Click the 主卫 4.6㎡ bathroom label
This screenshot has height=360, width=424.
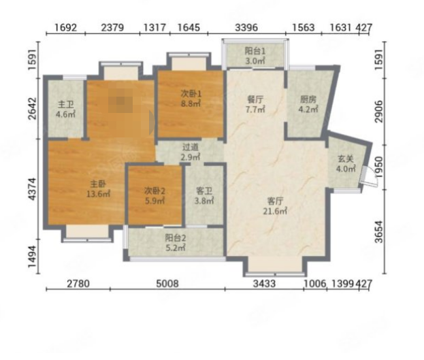tap(66, 110)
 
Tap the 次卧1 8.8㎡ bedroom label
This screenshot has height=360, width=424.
tap(191, 99)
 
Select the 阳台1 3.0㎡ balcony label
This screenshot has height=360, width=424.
tap(255, 56)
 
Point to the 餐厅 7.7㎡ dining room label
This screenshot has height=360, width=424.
tap(255, 104)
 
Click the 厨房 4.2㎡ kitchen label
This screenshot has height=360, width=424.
tap(308, 104)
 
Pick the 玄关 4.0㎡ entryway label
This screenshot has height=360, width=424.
tap(346, 163)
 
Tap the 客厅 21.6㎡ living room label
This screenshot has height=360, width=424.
tap(275, 206)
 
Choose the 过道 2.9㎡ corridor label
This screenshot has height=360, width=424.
tap(191, 152)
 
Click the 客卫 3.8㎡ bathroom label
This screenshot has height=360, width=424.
tap(204, 196)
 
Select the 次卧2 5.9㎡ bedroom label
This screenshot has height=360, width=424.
tap(154, 196)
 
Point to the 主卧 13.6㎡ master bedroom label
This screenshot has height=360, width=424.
tap(98, 189)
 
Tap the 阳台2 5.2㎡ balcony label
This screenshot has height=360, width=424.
tap(176, 243)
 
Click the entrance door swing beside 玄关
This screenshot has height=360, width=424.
tap(371, 176)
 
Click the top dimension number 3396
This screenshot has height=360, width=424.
tap(246, 27)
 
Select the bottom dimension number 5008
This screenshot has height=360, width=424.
tap(167, 284)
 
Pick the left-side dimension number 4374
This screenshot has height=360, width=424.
tap(32, 189)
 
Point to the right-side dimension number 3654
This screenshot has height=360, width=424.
tap(379, 232)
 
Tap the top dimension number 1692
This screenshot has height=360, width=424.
tap(66, 27)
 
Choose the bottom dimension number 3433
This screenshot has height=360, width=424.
tap(265, 284)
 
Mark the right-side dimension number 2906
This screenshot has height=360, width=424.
tap(379, 111)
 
